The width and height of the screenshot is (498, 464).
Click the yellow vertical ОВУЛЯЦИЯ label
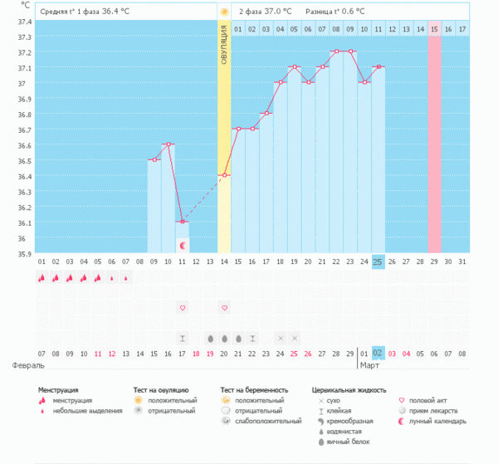coord(223,50)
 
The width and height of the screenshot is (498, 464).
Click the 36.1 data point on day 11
coord(182,222)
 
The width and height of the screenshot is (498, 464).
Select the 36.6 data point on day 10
coord(168,144)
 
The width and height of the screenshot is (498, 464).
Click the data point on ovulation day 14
coord(224,175)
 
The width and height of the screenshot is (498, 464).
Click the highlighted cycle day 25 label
coord(378,261)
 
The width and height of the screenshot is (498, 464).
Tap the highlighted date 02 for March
coord(378,353)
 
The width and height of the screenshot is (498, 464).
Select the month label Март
coord(369,364)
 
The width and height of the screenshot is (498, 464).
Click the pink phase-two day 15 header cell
coord(434,29)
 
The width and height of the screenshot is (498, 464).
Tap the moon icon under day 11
coord(182,246)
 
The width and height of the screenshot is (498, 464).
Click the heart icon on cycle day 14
coord(224,308)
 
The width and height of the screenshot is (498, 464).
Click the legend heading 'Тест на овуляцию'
coord(161,389)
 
